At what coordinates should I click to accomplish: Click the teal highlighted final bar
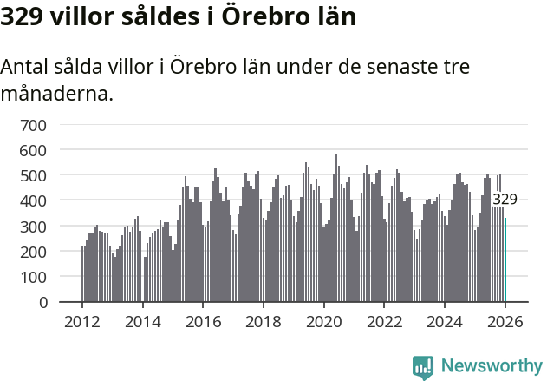point(505,259)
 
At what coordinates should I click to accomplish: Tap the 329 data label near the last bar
point(505,200)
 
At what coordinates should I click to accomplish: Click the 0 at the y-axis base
point(42,302)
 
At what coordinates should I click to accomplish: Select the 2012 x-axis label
point(82,321)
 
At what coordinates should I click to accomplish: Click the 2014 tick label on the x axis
point(143,321)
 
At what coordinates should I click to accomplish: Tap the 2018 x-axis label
point(264,321)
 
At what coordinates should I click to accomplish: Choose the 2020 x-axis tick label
point(324,321)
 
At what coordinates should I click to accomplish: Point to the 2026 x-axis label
point(505,321)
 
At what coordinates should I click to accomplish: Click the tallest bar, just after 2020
point(336,229)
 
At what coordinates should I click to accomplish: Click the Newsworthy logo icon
point(423,368)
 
